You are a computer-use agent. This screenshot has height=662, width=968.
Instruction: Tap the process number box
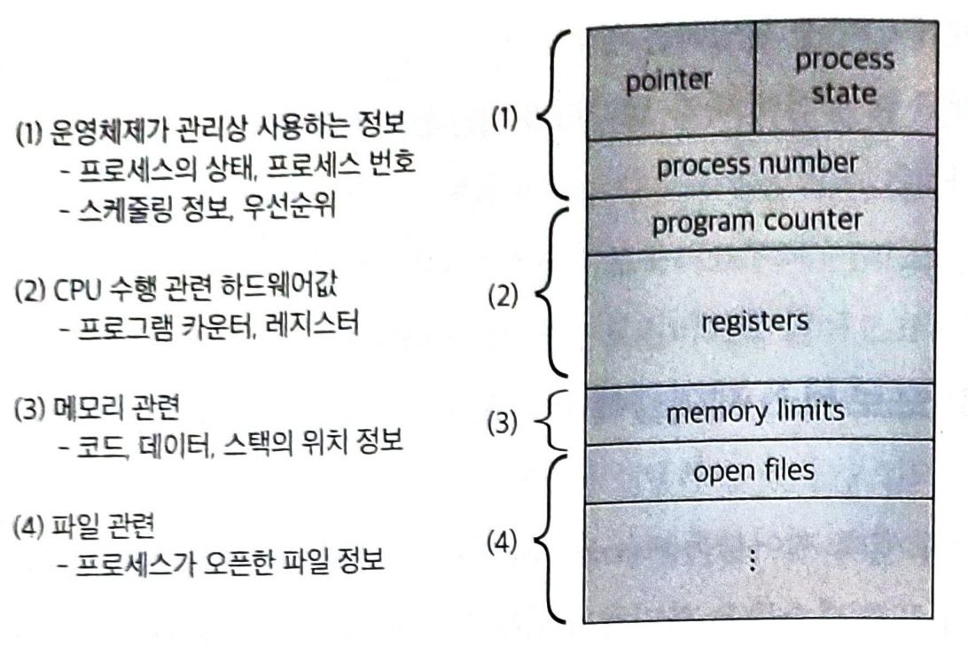(757, 165)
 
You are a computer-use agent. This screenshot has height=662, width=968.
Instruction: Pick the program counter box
(757, 222)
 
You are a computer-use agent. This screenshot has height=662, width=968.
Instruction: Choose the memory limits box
(756, 412)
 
